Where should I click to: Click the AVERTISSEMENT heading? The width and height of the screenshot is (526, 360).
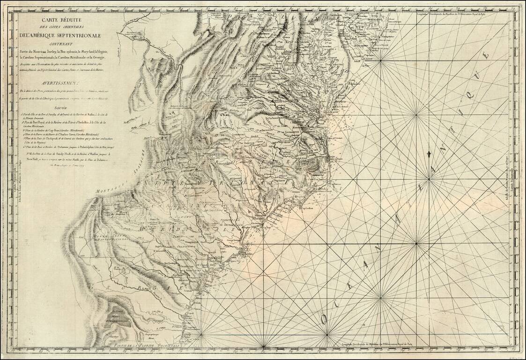(x=64, y=79)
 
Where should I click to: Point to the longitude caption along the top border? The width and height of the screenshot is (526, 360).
(x=464, y=13)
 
